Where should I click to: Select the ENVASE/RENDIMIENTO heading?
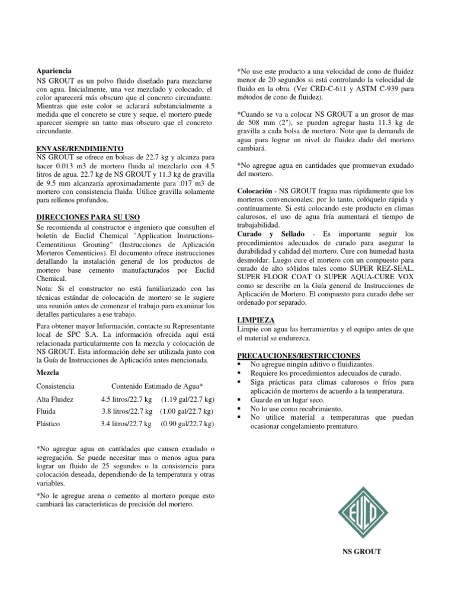click(79, 148)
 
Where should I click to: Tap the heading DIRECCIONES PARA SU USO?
click(88, 217)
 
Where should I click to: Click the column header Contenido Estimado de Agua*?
click(158, 386)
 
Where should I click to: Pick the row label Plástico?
click(50, 424)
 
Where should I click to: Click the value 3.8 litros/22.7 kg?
click(127, 411)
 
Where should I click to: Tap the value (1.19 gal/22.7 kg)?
click(187, 400)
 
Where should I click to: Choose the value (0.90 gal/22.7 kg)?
click(187, 424)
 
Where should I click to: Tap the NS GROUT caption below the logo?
click(362, 551)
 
